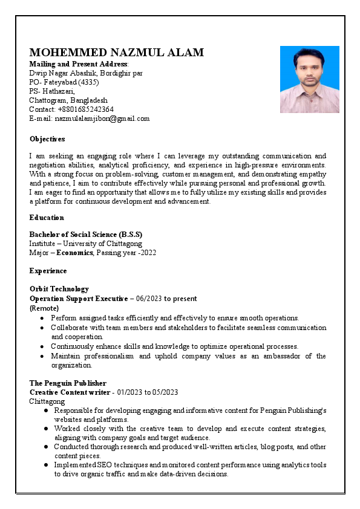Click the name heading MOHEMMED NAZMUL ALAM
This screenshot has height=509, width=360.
coord(117,53)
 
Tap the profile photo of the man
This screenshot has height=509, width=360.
coord(309,79)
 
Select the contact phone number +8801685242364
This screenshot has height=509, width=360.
coord(86,109)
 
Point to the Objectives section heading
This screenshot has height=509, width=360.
coord(47,139)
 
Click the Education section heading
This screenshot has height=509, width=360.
coord(47,218)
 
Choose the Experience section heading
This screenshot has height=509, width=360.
coord(48,271)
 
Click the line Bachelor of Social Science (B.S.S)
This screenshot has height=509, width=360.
coord(86,235)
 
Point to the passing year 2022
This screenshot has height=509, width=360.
coord(148,253)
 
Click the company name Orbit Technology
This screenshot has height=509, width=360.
coord(59,289)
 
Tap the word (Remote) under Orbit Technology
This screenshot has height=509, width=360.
coord(44,308)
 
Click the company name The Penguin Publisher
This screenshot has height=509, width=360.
coord(68,383)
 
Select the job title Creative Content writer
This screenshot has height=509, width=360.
coord(69,392)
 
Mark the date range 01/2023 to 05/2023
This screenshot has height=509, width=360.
coord(148,392)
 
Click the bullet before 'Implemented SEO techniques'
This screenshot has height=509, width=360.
coord(47,465)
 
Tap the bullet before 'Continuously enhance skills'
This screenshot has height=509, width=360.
coord(42,347)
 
